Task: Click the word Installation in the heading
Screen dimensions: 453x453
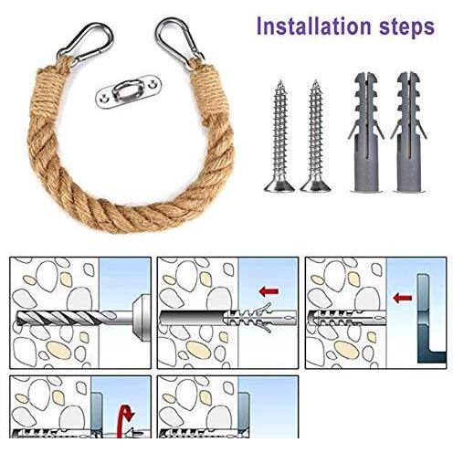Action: [314, 26]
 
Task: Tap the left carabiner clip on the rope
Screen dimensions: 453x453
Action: [85, 42]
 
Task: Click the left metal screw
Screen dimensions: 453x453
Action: [279, 136]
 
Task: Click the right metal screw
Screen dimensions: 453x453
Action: [316, 136]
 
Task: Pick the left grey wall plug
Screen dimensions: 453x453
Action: [366, 132]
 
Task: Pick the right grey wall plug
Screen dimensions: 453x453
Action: [409, 132]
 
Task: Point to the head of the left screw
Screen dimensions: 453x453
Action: [279, 185]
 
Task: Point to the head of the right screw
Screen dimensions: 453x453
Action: [316, 185]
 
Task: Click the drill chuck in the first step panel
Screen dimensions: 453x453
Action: [141, 318]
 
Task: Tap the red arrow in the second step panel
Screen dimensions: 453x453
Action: [269, 291]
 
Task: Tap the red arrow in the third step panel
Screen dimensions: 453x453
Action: [403, 298]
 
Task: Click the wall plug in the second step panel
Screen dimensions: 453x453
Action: [259, 318]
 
